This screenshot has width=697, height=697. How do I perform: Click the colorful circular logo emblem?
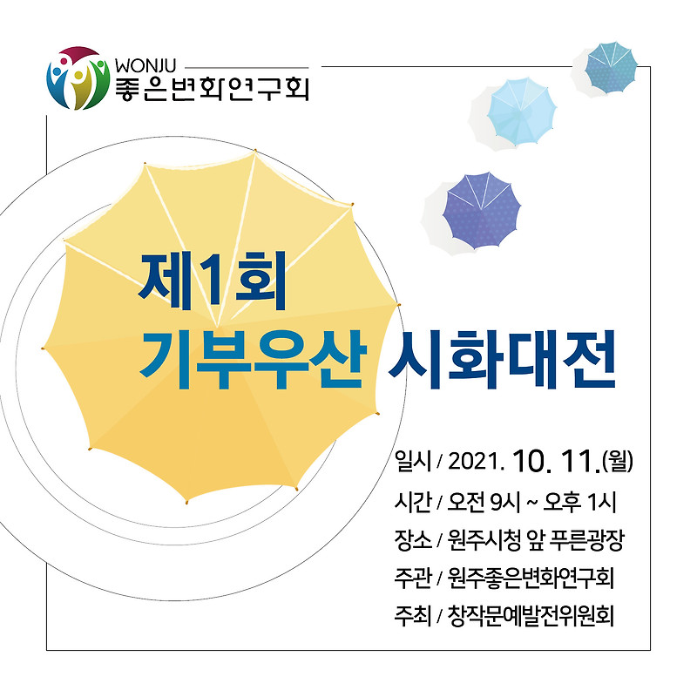[x=78, y=78]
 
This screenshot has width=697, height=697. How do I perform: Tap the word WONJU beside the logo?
[x=145, y=66]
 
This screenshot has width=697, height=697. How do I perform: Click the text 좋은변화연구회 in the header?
[x=212, y=89]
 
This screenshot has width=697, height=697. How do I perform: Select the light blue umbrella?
[x=521, y=112]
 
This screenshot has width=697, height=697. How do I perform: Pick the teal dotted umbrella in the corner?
[x=611, y=67]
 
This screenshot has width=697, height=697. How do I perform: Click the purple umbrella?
[x=482, y=211]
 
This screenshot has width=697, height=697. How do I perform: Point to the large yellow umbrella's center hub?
[x=217, y=327]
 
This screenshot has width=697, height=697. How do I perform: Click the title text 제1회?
[x=212, y=281]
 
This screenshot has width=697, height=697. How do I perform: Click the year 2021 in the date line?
[x=475, y=462]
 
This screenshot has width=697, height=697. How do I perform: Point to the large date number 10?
[x=533, y=461]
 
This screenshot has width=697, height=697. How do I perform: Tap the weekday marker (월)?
[x=618, y=462]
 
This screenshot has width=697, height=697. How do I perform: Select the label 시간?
[x=413, y=503]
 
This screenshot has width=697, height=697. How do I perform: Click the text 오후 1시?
[x=579, y=503]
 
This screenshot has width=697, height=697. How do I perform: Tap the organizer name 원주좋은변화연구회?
[x=531, y=579]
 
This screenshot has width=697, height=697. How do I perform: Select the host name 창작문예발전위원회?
[x=531, y=617]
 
